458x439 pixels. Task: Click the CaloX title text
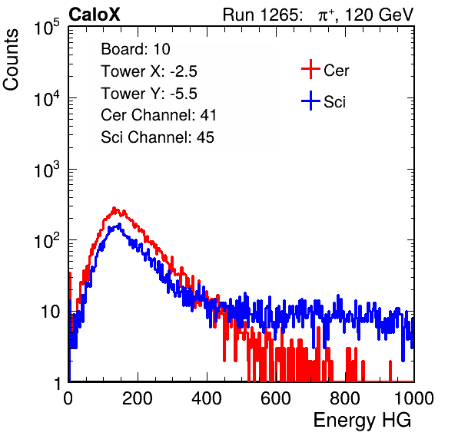95,15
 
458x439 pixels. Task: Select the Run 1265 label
262,15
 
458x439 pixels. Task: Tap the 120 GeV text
380,15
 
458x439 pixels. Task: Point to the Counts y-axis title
11,60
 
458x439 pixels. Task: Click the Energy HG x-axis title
362,420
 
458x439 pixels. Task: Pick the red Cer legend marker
310,69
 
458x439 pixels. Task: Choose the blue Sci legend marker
310,101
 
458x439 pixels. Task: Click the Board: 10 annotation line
135,49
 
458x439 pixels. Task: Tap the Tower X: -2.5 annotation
149,71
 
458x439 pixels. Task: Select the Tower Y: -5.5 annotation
149,94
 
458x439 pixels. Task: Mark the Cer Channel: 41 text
158,115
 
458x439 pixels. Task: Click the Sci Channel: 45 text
158,137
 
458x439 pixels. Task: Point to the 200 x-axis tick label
138,398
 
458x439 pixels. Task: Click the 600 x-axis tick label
276,398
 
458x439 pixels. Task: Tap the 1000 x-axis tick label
414,398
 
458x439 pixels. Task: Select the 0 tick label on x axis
68,398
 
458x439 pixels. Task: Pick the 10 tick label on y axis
51,312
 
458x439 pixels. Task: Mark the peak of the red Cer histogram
114,208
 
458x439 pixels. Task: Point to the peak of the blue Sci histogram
119,224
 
